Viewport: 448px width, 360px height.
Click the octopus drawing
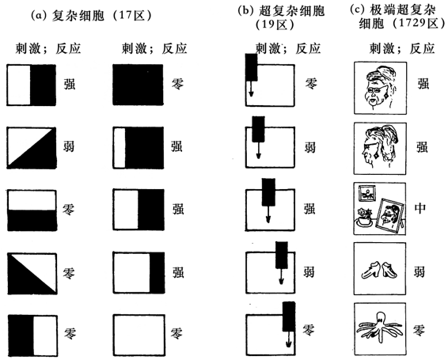[380, 327]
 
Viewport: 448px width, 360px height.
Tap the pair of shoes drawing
[379, 271]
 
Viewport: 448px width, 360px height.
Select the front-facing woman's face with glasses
[379, 87]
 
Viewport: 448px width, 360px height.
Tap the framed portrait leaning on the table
[390, 216]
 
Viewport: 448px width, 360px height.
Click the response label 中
[420, 208]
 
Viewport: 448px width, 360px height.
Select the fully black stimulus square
[138, 85]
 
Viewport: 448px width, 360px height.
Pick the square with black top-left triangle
[32, 274]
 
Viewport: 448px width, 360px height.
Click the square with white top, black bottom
[32, 210]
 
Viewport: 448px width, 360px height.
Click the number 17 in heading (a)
[124, 15]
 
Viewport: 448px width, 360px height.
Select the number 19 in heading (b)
[268, 25]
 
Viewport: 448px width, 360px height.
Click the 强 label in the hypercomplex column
[309, 209]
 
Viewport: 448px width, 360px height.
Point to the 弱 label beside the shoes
[420, 271]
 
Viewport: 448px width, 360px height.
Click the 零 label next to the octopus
[420, 330]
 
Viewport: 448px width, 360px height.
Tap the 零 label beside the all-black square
[177, 84]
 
